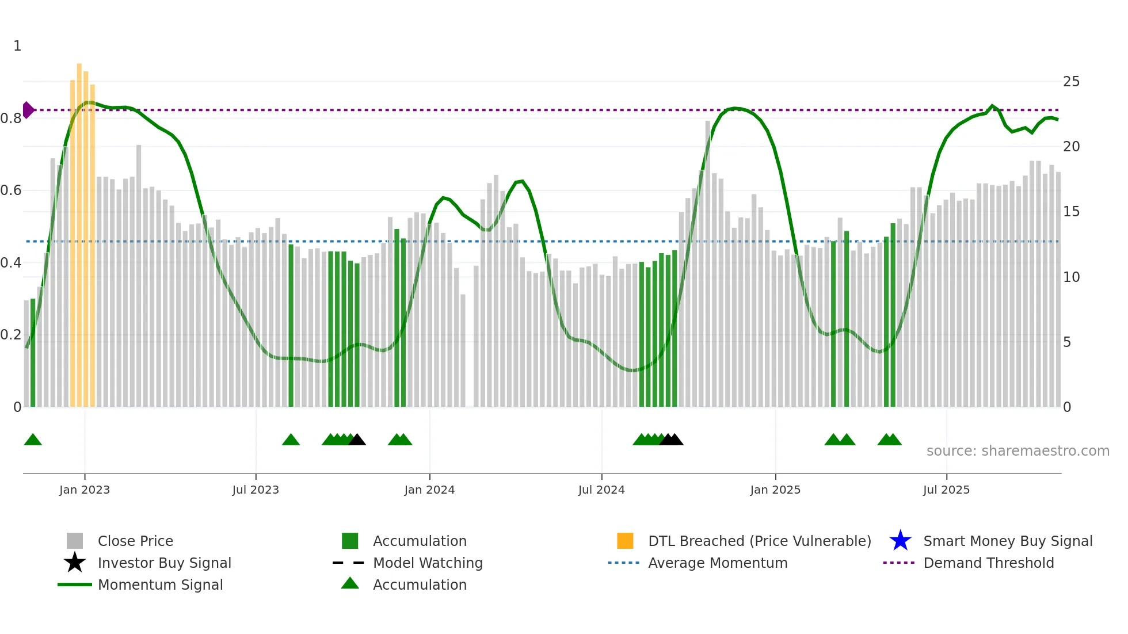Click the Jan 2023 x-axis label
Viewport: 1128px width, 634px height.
[84, 490]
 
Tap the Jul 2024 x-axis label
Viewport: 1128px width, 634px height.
[601, 490]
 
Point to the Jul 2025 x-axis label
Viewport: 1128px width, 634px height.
[946, 490]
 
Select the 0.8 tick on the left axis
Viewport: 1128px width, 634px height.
[11, 119]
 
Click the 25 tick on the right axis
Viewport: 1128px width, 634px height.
[1071, 82]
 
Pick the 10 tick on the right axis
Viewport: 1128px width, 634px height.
[1071, 277]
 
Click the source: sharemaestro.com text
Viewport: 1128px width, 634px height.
[1018, 451]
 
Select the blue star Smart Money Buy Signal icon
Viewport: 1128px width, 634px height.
[900, 541]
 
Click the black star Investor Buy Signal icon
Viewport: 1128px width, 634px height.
[75, 563]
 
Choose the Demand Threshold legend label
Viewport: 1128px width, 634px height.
[988, 563]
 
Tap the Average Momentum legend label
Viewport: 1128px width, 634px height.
[718, 563]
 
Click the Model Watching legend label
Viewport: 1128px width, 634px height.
[428, 563]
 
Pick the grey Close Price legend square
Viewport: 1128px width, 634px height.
[75, 541]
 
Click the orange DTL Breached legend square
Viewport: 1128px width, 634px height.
[625, 541]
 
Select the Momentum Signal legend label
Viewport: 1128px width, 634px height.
[160, 585]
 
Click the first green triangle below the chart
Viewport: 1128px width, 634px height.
[33, 440]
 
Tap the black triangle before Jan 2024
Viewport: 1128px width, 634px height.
[357, 440]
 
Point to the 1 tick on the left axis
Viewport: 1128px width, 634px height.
[17, 46]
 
